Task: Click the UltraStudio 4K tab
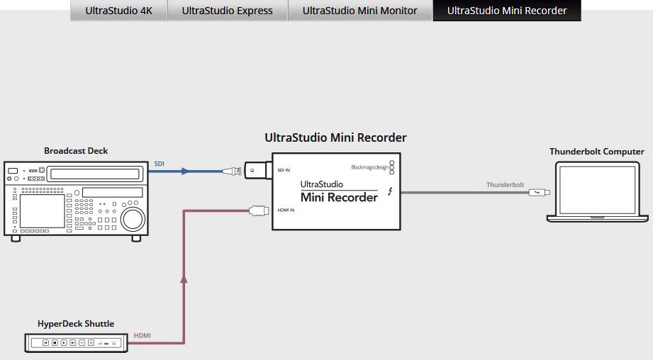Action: click(118, 11)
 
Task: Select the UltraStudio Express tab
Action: click(228, 11)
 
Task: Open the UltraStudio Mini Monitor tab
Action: click(359, 11)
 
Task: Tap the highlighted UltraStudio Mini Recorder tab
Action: click(507, 11)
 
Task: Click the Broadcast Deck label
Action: click(76, 151)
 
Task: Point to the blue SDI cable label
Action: click(159, 164)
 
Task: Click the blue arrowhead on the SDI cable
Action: click(185, 171)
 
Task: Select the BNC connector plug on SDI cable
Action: click(232, 171)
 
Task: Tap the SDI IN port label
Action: click(284, 170)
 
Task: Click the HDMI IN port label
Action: click(286, 210)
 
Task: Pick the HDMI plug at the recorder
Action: click(259, 210)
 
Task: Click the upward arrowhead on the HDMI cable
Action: click(184, 279)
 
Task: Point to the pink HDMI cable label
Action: click(142, 335)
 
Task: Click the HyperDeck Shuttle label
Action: click(76, 324)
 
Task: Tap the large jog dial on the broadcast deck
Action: click(133, 218)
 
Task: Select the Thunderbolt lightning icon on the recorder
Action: click(390, 191)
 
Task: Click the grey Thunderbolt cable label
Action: click(505, 185)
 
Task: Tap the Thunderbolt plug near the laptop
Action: click(540, 192)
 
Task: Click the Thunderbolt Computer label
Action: click(597, 152)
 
